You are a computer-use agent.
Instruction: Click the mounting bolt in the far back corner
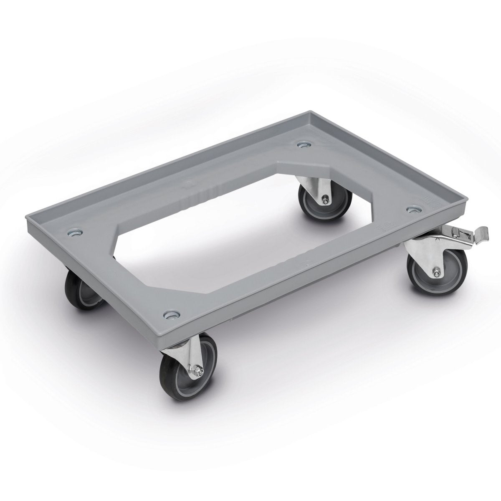(x=302, y=145)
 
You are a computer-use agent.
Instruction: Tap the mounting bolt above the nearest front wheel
(x=170, y=314)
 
